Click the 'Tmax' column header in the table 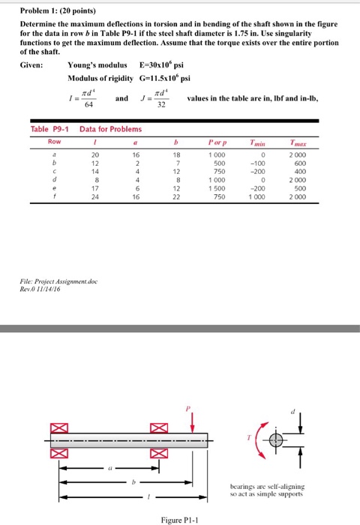tap(327, 141)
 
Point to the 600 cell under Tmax tap(328, 162)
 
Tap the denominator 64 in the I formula tap(93, 103)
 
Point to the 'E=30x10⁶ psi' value tap(166, 64)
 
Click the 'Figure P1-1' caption tap(181, 518)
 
